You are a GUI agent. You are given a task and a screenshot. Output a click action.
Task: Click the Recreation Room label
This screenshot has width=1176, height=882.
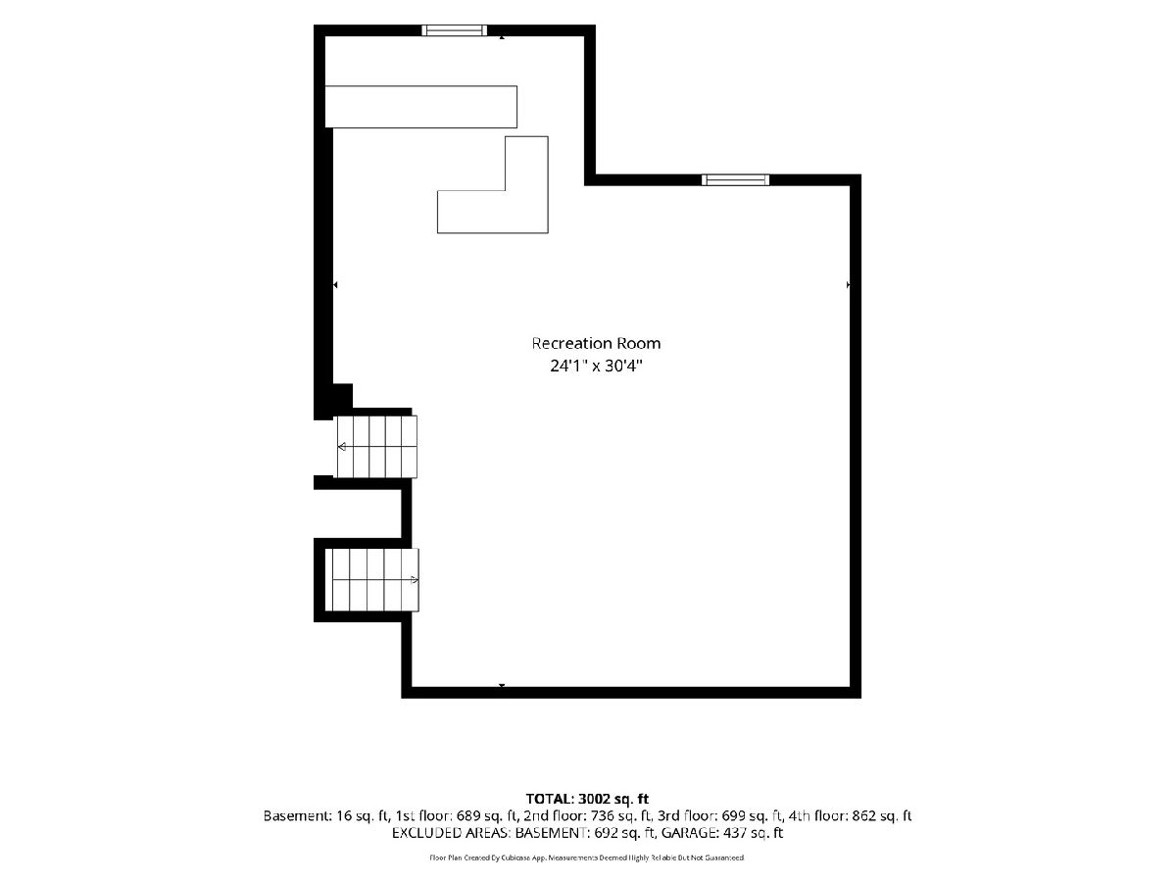point(596,343)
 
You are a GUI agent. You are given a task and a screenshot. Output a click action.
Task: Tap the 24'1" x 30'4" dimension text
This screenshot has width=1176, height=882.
point(596,367)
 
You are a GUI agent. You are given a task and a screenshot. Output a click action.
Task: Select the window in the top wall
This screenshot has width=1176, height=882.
point(455,30)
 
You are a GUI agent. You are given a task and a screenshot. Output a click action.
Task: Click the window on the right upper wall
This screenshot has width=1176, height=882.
point(736,180)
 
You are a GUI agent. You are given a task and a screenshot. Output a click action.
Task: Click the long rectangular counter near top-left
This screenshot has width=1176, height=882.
point(421,107)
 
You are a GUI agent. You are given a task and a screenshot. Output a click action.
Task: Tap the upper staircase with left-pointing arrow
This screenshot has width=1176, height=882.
point(376,447)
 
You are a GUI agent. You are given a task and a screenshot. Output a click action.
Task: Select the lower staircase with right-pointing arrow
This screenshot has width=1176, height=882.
point(375,579)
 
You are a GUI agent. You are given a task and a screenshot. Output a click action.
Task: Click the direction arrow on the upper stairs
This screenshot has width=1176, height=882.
point(342,447)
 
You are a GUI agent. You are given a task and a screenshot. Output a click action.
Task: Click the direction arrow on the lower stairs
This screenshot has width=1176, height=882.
point(415,579)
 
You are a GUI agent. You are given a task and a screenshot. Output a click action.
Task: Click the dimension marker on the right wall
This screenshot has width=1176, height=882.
point(848,285)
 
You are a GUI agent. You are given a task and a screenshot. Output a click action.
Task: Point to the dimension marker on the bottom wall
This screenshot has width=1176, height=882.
point(502,686)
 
